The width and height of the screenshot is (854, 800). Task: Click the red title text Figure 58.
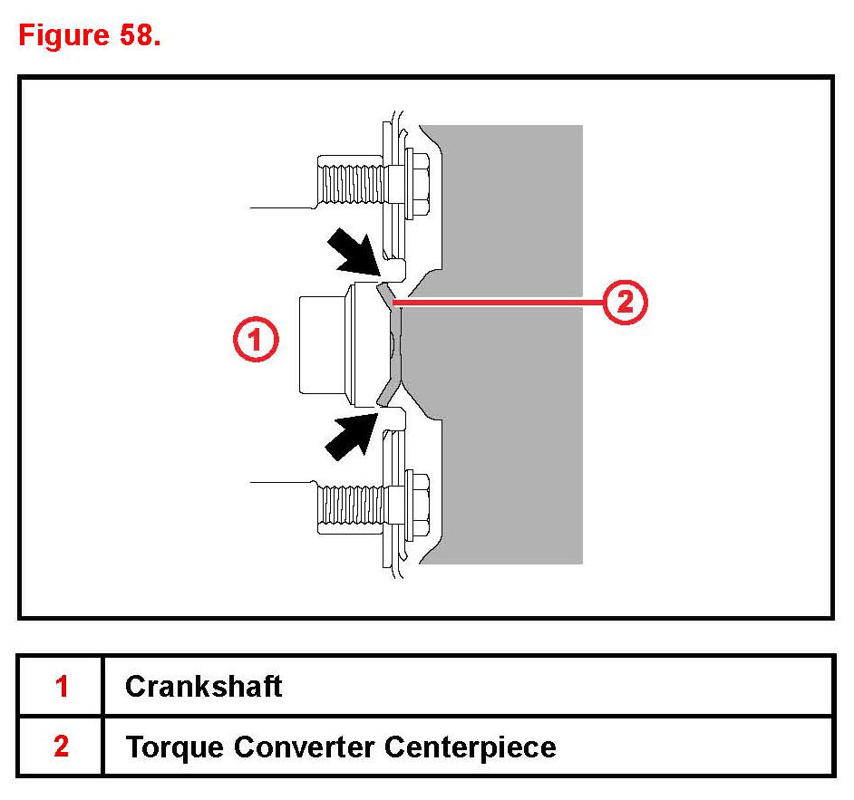[89, 37]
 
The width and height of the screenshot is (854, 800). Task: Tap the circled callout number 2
[625, 303]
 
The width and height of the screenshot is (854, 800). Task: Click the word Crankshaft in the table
[203, 686]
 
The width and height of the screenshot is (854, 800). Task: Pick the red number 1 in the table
[61, 686]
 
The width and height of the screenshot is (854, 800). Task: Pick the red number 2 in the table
[61, 747]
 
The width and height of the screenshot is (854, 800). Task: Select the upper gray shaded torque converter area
[508, 208]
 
